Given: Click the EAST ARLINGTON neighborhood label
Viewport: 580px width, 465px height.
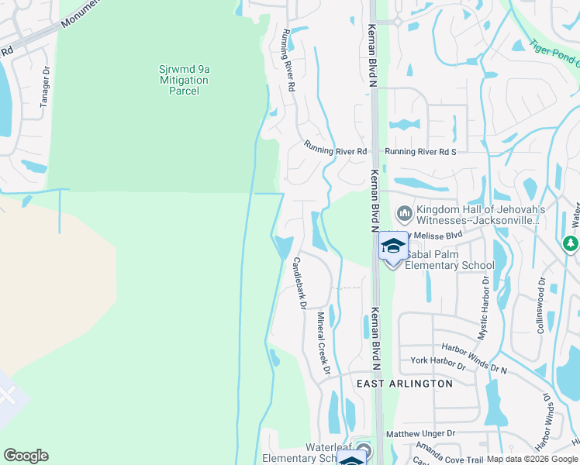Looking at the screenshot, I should [x=404, y=384].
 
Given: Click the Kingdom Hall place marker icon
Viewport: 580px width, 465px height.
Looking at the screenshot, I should [x=403, y=213].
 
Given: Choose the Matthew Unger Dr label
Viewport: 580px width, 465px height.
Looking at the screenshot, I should [x=420, y=434].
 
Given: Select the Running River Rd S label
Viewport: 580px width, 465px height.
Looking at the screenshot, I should [x=420, y=152].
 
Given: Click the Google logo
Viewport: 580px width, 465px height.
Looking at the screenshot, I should [x=26, y=456].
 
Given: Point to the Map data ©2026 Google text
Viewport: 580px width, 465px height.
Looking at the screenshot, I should [x=532, y=460].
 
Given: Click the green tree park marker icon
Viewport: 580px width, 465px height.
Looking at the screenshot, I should [x=571, y=243].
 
